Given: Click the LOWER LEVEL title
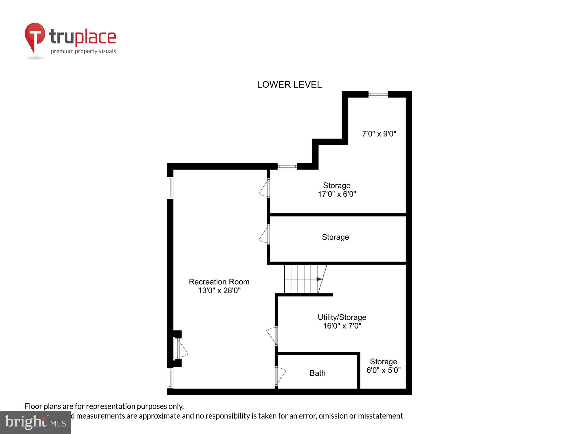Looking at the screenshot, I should [289, 84].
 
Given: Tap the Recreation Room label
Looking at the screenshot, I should [219, 282].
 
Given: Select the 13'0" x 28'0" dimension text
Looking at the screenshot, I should [219, 290].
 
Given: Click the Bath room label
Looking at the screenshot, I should [317, 373].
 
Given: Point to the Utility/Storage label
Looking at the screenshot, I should [342, 317].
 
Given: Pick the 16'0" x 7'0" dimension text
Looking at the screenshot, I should [342, 326].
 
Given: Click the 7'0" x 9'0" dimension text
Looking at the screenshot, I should [379, 134].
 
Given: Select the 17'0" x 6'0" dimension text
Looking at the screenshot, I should [337, 194].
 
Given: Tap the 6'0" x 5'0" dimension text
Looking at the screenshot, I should [383, 370].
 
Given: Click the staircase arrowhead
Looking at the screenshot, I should [319, 279].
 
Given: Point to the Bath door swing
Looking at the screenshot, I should [280, 376].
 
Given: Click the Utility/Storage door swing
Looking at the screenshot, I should [272, 336].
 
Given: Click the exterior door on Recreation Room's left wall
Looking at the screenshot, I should [182, 349].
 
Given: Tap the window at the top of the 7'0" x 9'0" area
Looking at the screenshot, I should [378, 94].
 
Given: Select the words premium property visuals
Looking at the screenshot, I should [83, 52].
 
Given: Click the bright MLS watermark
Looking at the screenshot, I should [35, 422].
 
